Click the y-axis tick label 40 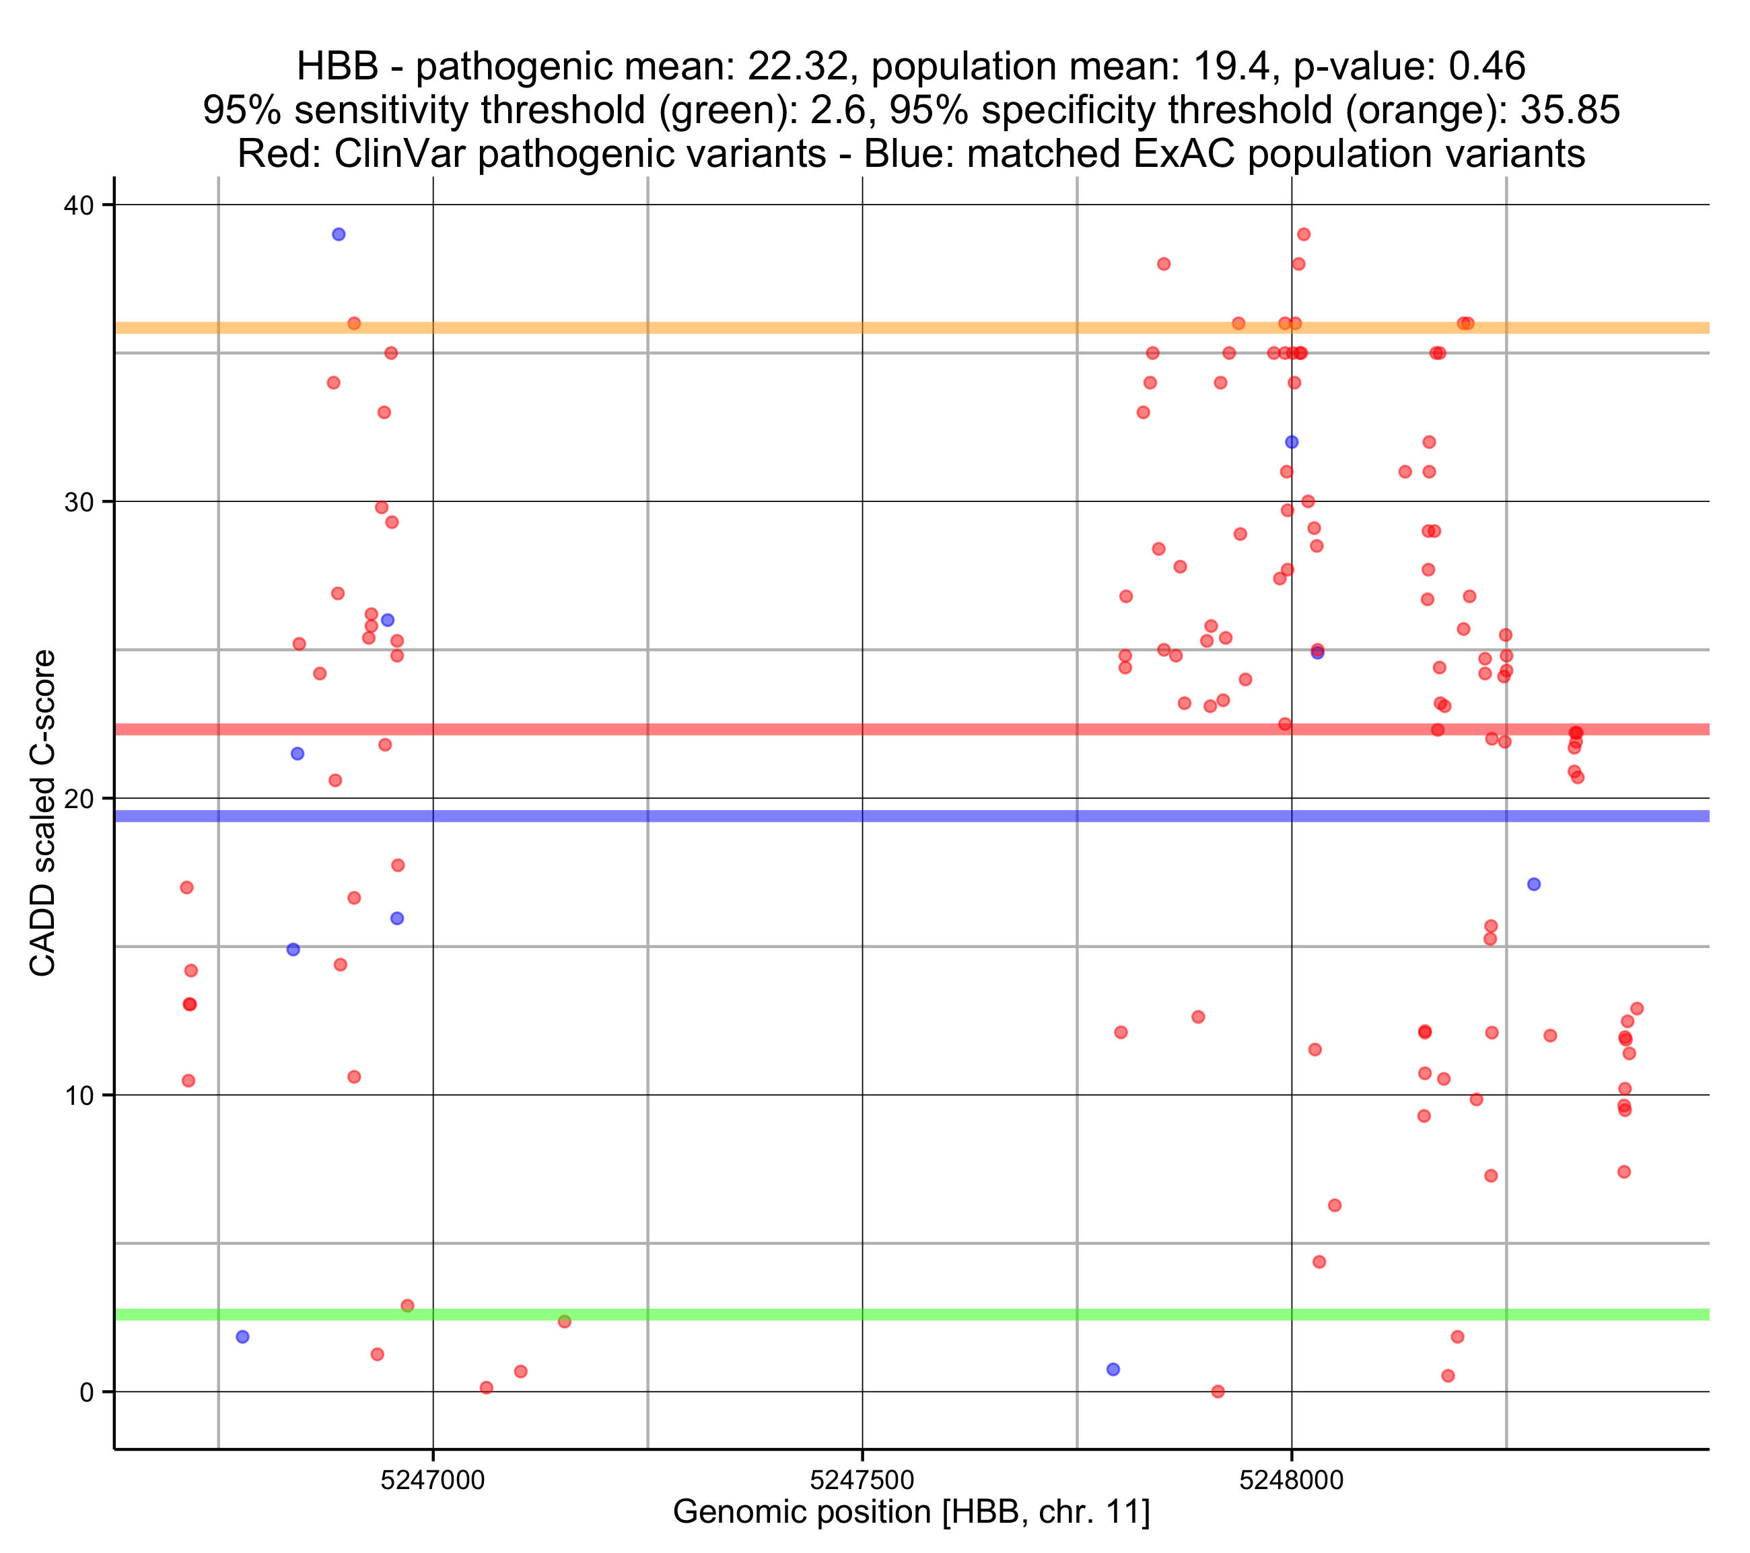pyautogui.click(x=78, y=205)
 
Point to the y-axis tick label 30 pyautogui.click(x=78, y=503)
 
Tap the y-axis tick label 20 pyautogui.click(x=78, y=799)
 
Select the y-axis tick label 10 pyautogui.click(x=78, y=1096)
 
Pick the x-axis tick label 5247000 pyautogui.click(x=433, y=1480)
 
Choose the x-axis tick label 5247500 pyautogui.click(x=862, y=1480)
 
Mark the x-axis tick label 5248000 pyautogui.click(x=1291, y=1480)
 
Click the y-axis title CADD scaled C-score pyautogui.click(x=43, y=814)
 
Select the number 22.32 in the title pyautogui.click(x=797, y=67)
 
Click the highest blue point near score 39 pyautogui.click(x=339, y=235)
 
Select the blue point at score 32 pyautogui.click(x=1292, y=443)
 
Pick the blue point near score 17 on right pyautogui.click(x=1534, y=884)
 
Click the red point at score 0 pyautogui.click(x=1218, y=1392)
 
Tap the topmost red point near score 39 pyautogui.click(x=1304, y=235)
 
